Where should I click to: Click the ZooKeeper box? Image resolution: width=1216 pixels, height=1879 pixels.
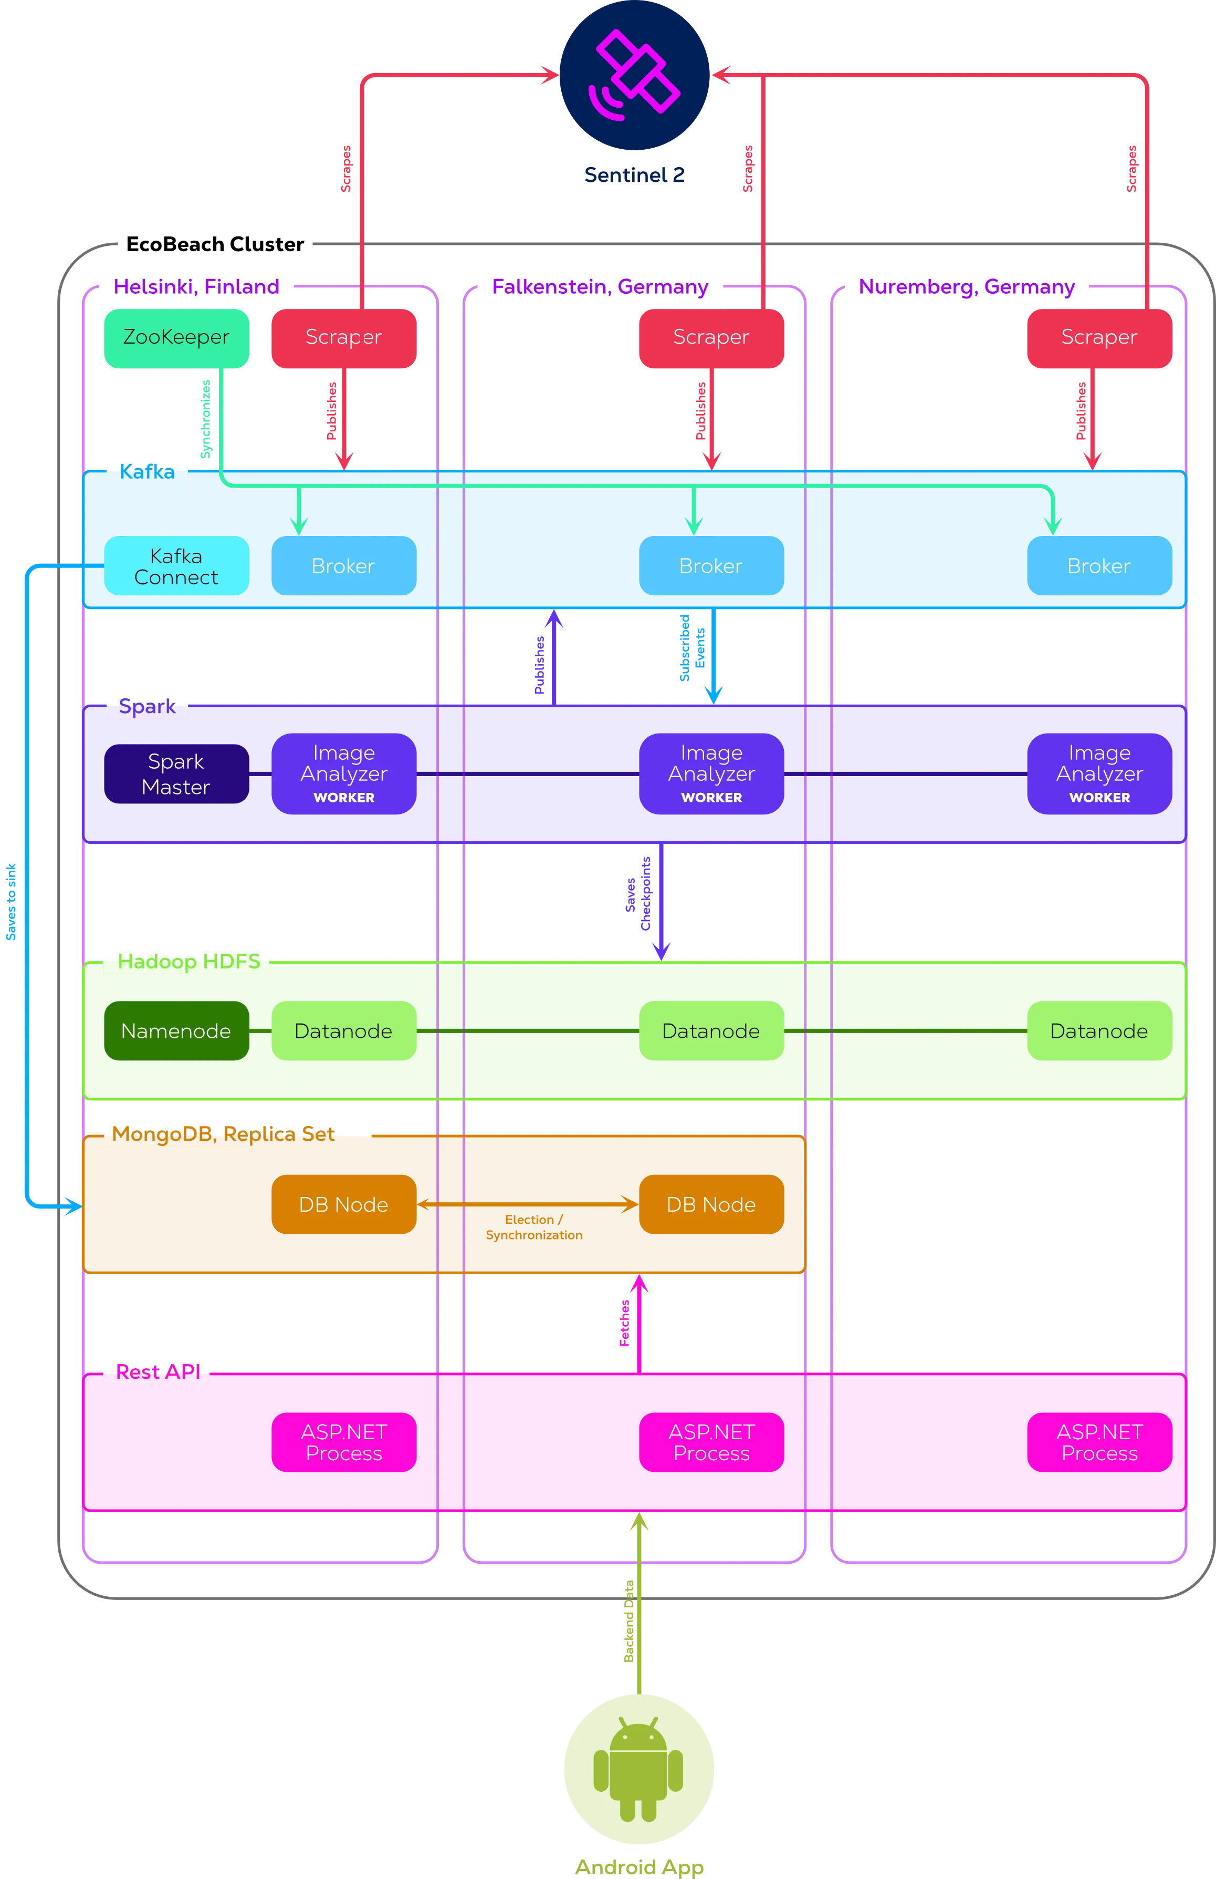pyautogui.click(x=176, y=338)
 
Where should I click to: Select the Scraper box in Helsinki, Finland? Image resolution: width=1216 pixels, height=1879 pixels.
pyautogui.click(x=343, y=338)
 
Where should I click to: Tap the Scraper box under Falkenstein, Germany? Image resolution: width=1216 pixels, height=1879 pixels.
pyautogui.click(x=711, y=338)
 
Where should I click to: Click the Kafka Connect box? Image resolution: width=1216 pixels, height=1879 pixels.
pyautogui.click(x=176, y=566)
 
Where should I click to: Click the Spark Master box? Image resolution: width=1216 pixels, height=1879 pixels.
pyautogui.click(x=176, y=773)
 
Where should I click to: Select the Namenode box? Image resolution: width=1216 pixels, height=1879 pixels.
pyautogui.click(x=176, y=1031)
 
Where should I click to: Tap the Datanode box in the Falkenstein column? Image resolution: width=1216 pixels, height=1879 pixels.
pyautogui.click(x=711, y=1031)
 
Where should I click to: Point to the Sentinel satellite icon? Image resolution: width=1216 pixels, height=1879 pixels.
pyautogui.click(x=634, y=75)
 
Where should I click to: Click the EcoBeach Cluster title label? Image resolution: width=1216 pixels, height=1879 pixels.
pyautogui.click(x=215, y=244)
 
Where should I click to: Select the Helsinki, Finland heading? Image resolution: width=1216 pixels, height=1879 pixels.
pyautogui.click(x=196, y=286)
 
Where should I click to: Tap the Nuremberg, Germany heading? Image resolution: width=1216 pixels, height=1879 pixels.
pyautogui.click(x=967, y=286)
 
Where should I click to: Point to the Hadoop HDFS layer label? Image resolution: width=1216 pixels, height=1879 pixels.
pyautogui.click(x=188, y=962)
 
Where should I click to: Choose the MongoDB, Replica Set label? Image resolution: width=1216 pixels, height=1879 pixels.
pyautogui.click(x=223, y=1134)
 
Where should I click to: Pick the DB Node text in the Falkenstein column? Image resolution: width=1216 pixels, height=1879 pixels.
pyautogui.click(x=711, y=1205)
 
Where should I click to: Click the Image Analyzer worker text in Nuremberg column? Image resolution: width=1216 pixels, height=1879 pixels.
pyautogui.click(x=1099, y=773)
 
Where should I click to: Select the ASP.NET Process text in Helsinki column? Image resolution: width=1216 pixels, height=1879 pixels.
pyautogui.click(x=344, y=1442)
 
